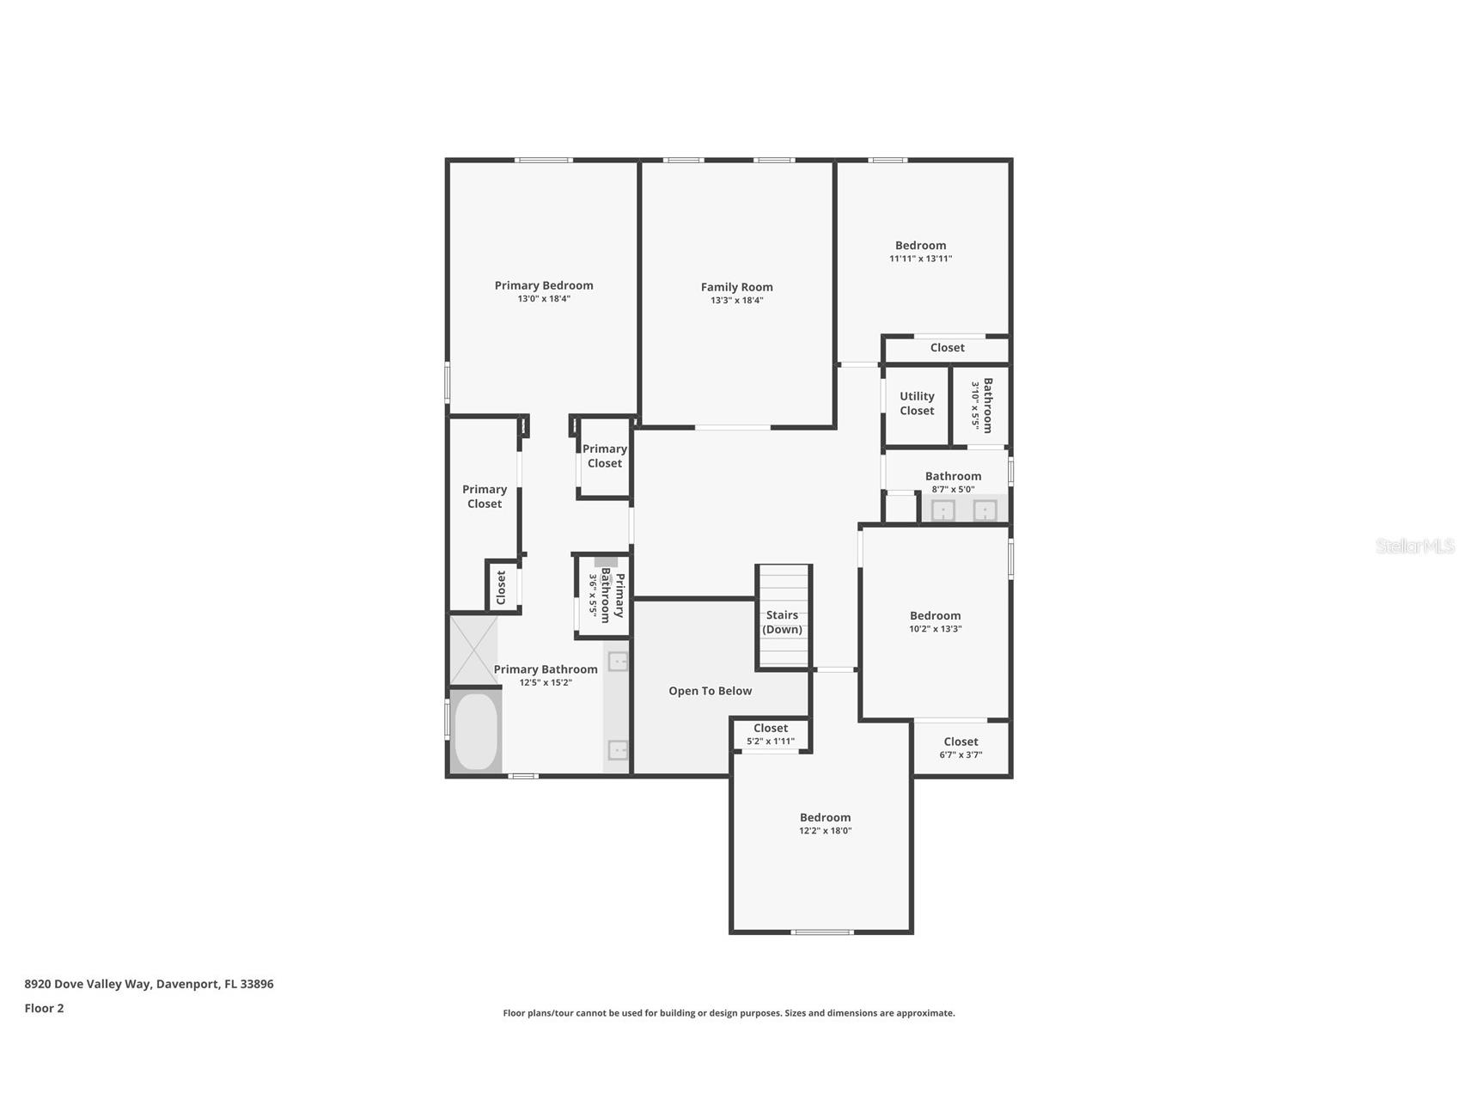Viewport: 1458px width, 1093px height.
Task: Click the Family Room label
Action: [x=736, y=287]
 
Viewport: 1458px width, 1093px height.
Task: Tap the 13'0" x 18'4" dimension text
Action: [x=543, y=299]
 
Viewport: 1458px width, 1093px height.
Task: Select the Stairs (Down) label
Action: [x=782, y=622]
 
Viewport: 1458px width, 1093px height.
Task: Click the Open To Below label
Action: [x=710, y=691]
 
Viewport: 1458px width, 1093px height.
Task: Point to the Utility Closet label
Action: [x=917, y=403]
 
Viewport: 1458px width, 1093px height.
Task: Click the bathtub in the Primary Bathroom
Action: [x=475, y=732]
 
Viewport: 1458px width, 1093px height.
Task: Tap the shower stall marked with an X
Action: [x=473, y=650]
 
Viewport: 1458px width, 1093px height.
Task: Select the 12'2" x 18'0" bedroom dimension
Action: [x=825, y=831]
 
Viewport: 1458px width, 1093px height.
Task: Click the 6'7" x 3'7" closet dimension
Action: [x=961, y=755]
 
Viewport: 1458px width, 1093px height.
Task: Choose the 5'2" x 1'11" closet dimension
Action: [x=771, y=742]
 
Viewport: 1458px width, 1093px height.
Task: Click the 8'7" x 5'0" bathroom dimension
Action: [x=953, y=490]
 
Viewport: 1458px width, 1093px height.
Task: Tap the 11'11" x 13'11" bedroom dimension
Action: [x=920, y=259]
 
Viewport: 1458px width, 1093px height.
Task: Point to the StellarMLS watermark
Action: [x=1414, y=546]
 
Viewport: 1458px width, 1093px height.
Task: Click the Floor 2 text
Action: [x=44, y=1008]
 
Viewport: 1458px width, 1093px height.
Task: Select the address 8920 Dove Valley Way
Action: [x=149, y=984]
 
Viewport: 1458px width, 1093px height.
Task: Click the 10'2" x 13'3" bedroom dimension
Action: [x=935, y=629]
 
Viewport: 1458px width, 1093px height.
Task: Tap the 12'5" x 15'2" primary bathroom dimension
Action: [x=546, y=683]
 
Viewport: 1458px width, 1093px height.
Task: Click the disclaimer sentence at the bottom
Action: [x=729, y=1013]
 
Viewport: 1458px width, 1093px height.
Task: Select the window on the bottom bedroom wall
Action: [x=821, y=932]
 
